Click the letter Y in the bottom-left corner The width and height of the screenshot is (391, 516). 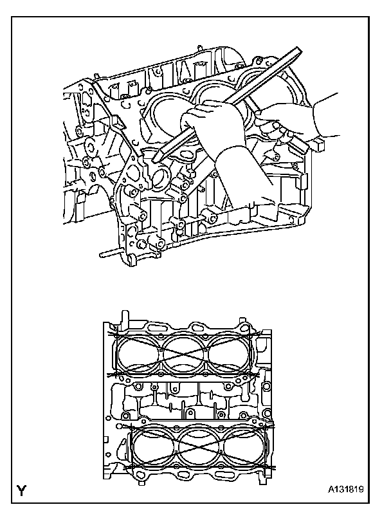(x=21, y=491)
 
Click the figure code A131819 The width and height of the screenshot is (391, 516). (x=345, y=490)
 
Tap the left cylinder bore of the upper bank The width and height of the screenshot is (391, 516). (x=138, y=354)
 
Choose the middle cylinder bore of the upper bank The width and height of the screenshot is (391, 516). (x=184, y=354)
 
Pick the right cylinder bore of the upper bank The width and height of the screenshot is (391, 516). (x=229, y=354)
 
